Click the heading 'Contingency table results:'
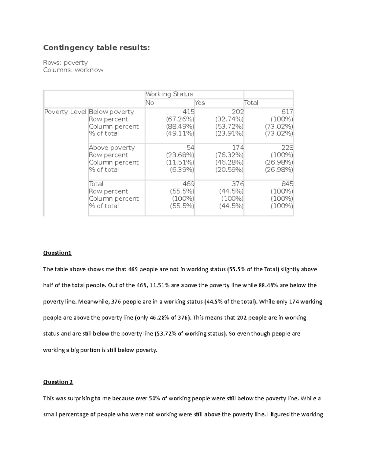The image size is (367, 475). pos(97,48)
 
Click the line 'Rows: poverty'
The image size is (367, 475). pos(65,63)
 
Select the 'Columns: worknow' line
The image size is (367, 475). pos(73,70)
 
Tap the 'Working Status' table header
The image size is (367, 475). pos(169,94)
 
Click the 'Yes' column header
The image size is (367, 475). pos(200,103)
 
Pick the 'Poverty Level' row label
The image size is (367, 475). pos(65,112)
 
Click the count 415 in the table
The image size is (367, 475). pos(188,112)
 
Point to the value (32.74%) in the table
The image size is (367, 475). pos(229,119)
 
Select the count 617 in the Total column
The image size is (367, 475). pos(287,112)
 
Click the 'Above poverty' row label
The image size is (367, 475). pos(112,148)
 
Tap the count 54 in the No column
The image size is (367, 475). pos(191,148)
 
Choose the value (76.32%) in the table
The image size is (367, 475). pos(229,155)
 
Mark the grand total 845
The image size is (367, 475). pos(287,184)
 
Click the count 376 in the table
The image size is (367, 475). pos(238,184)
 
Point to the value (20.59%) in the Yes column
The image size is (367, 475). pos(229,170)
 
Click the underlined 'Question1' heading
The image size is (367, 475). pos(57,253)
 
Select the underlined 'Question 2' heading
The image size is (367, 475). pos(58,382)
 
